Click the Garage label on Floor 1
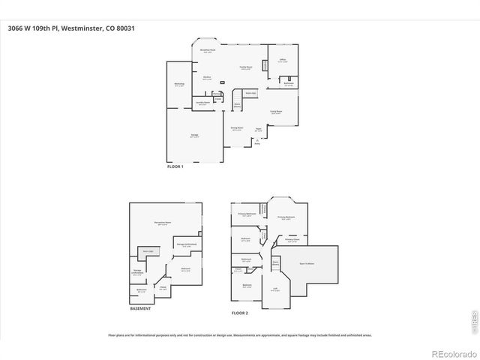[x=194, y=136]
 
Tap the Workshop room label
[x=179, y=84]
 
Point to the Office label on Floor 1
[x=283, y=60]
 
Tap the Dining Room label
[x=236, y=128]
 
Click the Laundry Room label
[x=202, y=103]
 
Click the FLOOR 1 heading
[x=175, y=166]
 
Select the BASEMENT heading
[x=140, y=308]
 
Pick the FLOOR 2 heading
[x=239, y=311]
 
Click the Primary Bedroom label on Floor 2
[x=286, y=218]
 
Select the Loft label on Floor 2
[x=275, y=289]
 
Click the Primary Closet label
[x=292, y=240]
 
